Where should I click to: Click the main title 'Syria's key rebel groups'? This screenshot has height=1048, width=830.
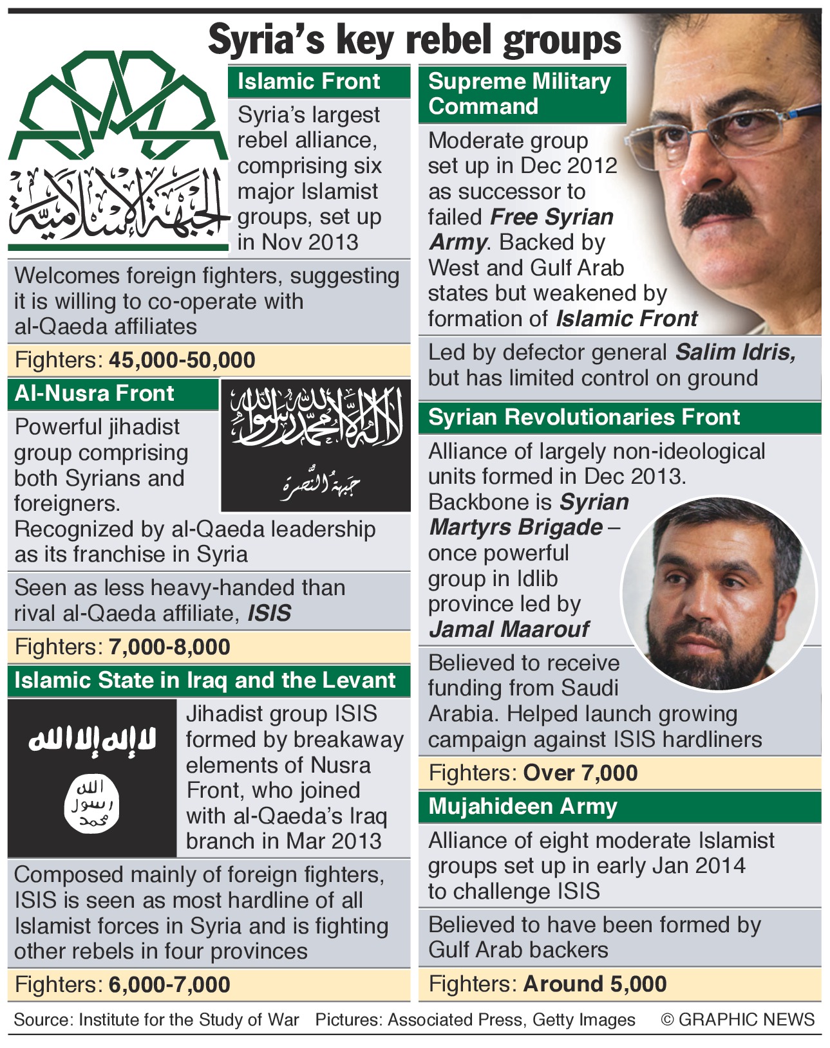click(415, 40)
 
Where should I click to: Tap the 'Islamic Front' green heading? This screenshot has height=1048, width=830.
click(309, 82)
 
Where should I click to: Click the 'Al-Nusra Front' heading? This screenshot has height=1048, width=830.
click(95, 393)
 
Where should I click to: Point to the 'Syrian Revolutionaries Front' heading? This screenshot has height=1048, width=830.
click(584, 417)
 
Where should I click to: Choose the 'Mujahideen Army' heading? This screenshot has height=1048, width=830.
click(523, 806)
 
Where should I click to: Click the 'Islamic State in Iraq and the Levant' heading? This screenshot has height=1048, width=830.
click(205, 680)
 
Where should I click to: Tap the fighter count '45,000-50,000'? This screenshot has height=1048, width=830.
click(182, 360)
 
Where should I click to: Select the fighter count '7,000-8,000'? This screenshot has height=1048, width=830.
click(169, 647)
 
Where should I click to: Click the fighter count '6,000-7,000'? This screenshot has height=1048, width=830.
click(169, 984)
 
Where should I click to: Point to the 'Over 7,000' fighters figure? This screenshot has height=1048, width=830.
click(581, 773)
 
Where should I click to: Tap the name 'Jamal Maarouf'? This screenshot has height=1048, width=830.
click(509, 629)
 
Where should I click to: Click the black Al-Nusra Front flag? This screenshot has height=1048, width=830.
click(316, 445)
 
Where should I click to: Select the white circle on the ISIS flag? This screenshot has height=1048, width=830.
click(92, 804)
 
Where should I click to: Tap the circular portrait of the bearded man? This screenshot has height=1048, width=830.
click(718, 592)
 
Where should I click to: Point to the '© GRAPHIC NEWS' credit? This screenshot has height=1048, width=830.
click(738, 1020)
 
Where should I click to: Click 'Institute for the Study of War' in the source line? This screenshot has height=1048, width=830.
click(189, 1020)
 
